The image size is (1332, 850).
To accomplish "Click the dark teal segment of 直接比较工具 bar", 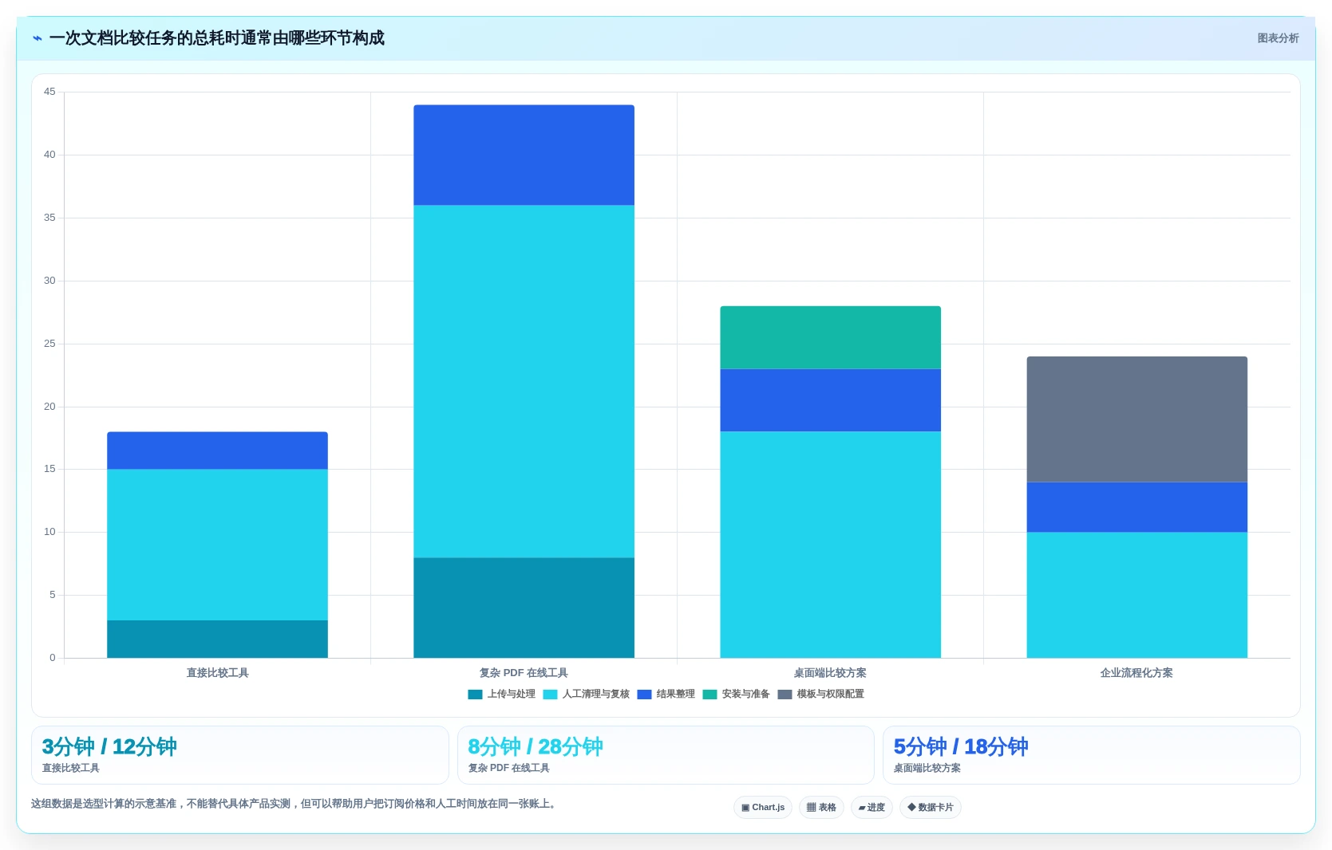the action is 217,639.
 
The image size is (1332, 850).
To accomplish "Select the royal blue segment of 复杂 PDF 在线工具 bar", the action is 524,155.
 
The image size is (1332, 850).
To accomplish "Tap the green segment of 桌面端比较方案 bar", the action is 830,337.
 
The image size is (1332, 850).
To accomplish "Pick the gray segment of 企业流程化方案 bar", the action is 1137,419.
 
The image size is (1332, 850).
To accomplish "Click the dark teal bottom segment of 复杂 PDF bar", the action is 524,608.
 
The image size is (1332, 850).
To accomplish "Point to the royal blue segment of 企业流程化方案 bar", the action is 1137,507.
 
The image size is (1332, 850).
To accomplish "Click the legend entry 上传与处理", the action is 502,694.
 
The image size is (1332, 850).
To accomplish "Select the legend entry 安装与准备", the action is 736,694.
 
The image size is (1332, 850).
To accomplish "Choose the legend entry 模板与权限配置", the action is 821,694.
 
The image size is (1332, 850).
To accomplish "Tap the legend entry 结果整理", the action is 666,694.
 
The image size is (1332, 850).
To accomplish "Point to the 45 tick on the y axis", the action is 49,92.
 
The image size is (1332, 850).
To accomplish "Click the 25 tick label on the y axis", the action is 49,344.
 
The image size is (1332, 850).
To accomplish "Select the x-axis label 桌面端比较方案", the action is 830,673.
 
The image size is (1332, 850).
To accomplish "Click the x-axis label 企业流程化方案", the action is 1136,673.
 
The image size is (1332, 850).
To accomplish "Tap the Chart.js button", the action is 763,807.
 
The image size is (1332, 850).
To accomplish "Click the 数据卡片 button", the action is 930,807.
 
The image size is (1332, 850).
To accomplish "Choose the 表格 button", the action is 821,807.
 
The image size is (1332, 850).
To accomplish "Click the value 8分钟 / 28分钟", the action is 536,746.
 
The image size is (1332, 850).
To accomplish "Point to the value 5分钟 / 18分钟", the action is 961,746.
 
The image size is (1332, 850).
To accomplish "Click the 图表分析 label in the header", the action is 1278,38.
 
